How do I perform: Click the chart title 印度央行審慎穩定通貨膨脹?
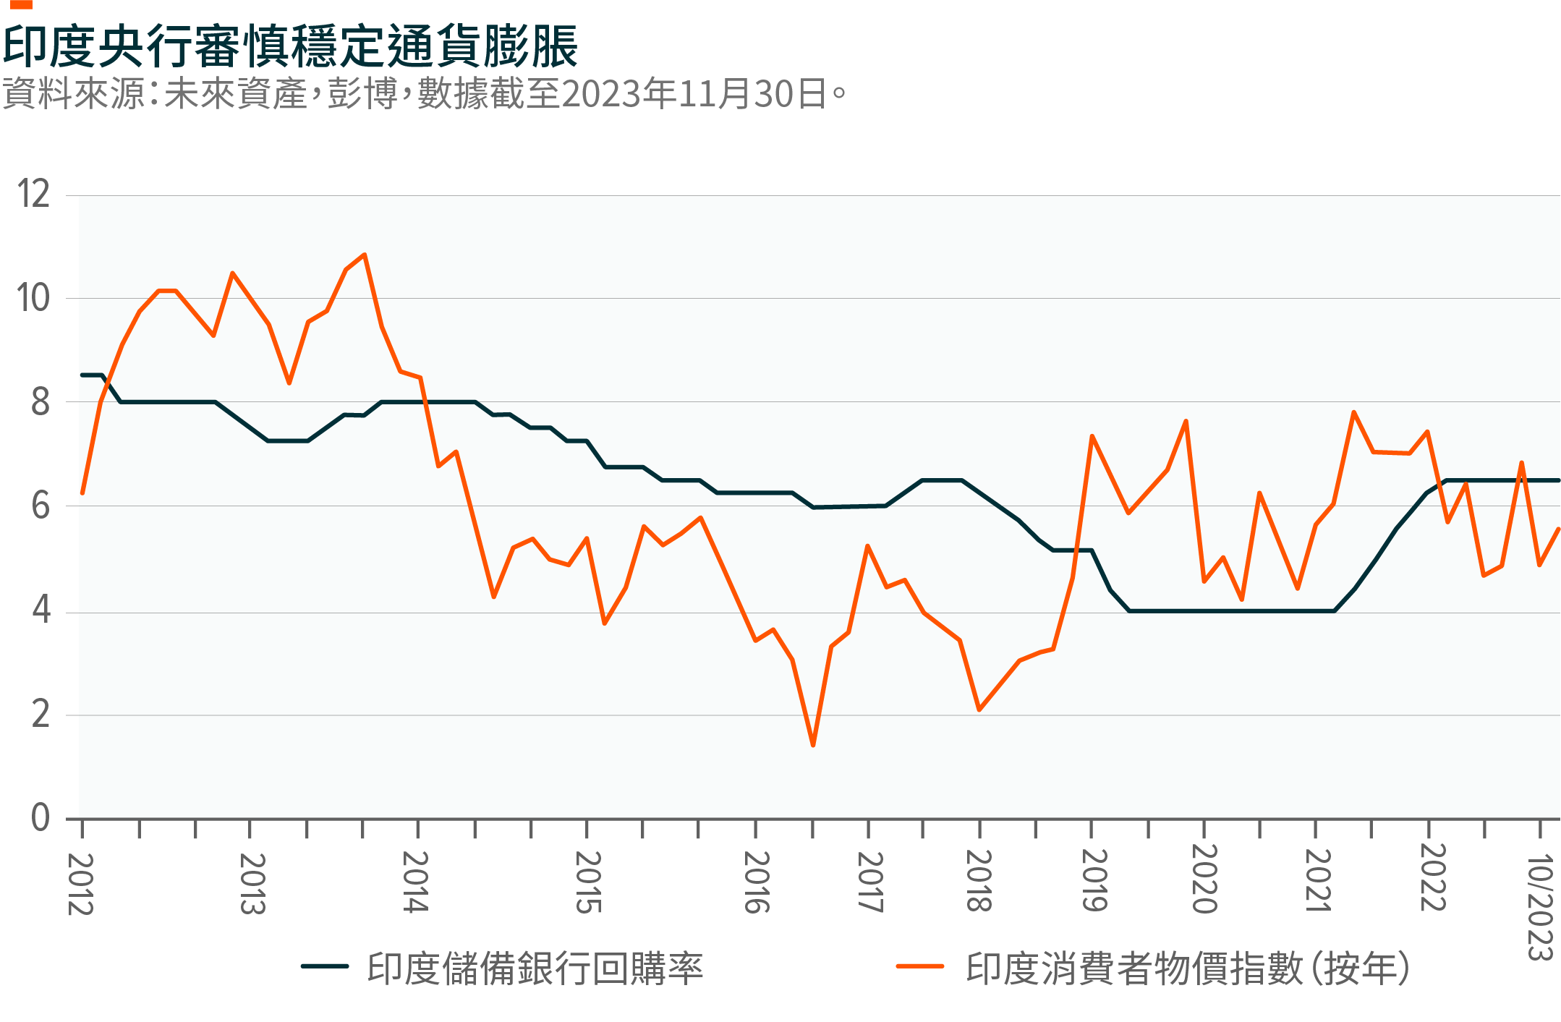tap(290, 46)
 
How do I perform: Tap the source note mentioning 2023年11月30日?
tap(424, 94)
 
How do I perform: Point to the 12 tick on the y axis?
tap(34, 194)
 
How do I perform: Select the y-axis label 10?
tap(34, 298)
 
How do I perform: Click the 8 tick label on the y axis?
tap(41, 402)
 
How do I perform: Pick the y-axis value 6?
tap(41, 506)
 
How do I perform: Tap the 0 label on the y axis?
tap(41, 817)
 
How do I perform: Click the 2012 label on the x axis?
tap(80, 884)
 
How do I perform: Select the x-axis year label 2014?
tap(415, 882)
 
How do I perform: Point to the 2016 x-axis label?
tap(757, 882)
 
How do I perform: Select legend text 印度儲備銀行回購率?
tap(535, 968)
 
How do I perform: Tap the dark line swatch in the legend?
tap(325, 966)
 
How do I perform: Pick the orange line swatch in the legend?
tap(920, 966)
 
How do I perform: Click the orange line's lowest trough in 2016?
tap(813, 745)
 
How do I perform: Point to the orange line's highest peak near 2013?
tap(365, 255)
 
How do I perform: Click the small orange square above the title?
tap(22, 4)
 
